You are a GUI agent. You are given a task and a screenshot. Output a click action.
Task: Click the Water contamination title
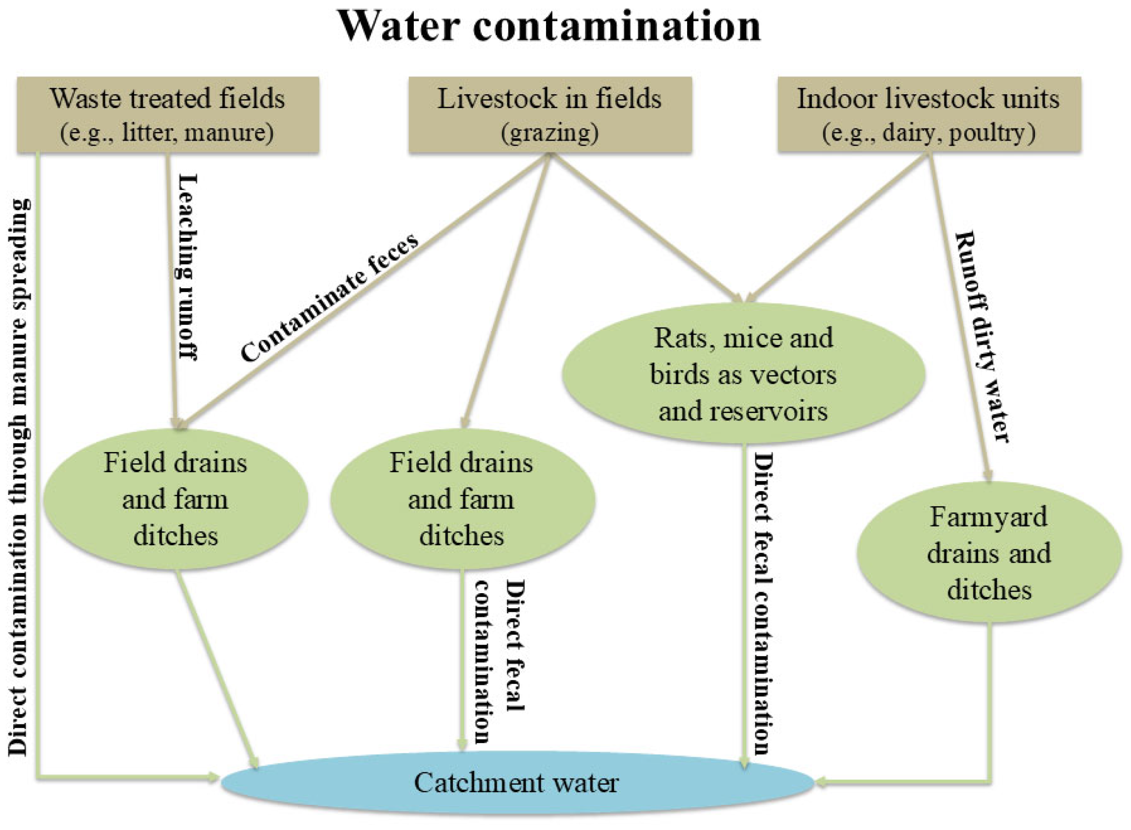point(549,26)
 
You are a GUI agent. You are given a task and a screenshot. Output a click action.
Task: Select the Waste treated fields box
point(168,114)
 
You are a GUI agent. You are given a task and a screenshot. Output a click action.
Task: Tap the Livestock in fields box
point(549,114)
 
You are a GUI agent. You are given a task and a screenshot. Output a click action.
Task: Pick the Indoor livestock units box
point(928,114)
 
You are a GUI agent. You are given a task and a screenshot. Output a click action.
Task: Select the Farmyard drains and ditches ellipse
point(988,553)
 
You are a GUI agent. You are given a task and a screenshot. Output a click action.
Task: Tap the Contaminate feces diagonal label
point(329,298)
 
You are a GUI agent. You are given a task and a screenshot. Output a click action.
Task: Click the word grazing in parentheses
point(549,133)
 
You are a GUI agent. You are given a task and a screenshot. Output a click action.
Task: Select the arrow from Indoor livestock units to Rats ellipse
point(839,226)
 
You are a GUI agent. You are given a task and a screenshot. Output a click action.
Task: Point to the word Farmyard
point(988,517)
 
